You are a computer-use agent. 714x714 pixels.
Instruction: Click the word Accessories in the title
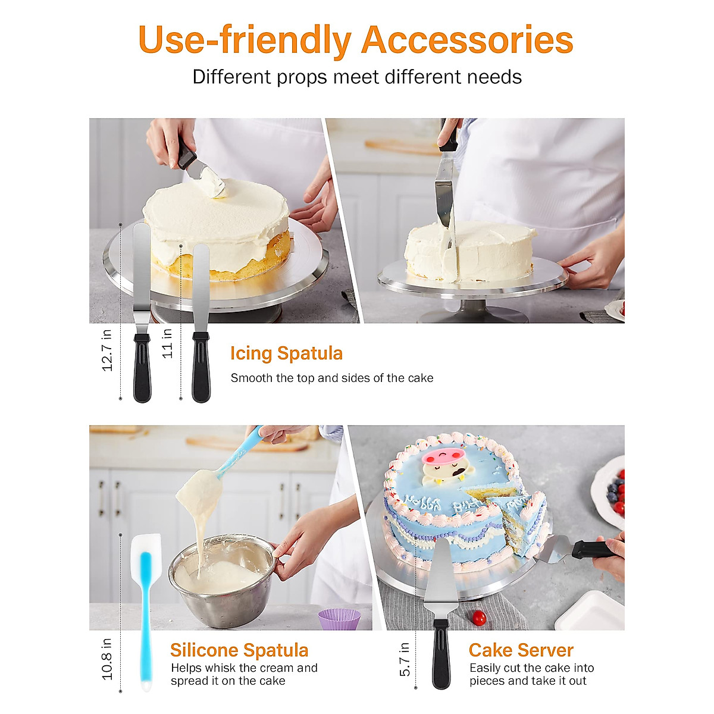(x=467, y=40)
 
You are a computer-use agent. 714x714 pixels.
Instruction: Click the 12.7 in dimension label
(x=107, y=350)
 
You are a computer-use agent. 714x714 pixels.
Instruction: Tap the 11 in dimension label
(x=168, y=343)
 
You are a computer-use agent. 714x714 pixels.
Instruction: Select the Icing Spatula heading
(x=286, y=353)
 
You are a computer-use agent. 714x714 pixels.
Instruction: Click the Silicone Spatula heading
(x=239, y=650)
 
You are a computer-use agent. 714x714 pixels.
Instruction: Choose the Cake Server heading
(x=521, y=650)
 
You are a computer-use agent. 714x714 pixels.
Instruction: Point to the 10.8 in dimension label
(x=107, y=659)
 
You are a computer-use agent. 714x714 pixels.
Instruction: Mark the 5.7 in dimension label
(x=405, y=659)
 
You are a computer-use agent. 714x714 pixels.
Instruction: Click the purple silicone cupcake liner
(x=339, y=619)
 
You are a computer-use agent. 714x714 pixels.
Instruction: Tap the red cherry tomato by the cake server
(x=478, y=618)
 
